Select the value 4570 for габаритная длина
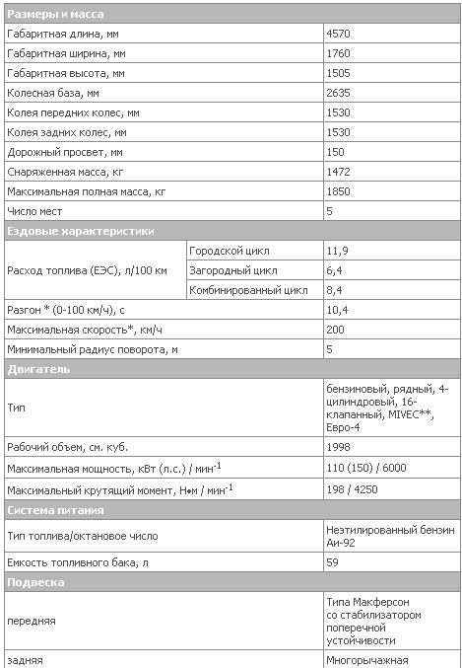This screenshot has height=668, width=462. (x=339, y=34)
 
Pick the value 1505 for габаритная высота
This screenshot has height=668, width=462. (x=339, y=73)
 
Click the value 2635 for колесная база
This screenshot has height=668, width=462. (x=339, y=93)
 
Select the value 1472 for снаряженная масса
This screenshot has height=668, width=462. (x=339, y=172)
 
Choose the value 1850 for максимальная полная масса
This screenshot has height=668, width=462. (x=339, y=191)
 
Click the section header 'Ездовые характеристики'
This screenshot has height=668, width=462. (x=81, y=231)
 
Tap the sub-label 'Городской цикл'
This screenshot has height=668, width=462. (x=229, y=251)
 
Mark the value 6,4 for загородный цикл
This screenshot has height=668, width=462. (x=334, y=270)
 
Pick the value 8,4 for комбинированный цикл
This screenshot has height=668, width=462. (x=334, y=290)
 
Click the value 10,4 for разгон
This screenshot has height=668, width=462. (x=337, y=310)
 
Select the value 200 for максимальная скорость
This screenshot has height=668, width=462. (x=336, y=330)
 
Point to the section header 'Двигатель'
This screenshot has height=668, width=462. (x=38, y=369)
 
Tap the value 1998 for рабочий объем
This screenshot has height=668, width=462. (x=339, y=445)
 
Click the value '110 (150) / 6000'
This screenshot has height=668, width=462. (x=366, y=467)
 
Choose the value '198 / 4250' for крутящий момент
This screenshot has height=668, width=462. (x=353, y=488)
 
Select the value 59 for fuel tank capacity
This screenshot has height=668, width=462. (x=332, y=561)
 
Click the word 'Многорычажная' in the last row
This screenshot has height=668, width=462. (x=366, y=660)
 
